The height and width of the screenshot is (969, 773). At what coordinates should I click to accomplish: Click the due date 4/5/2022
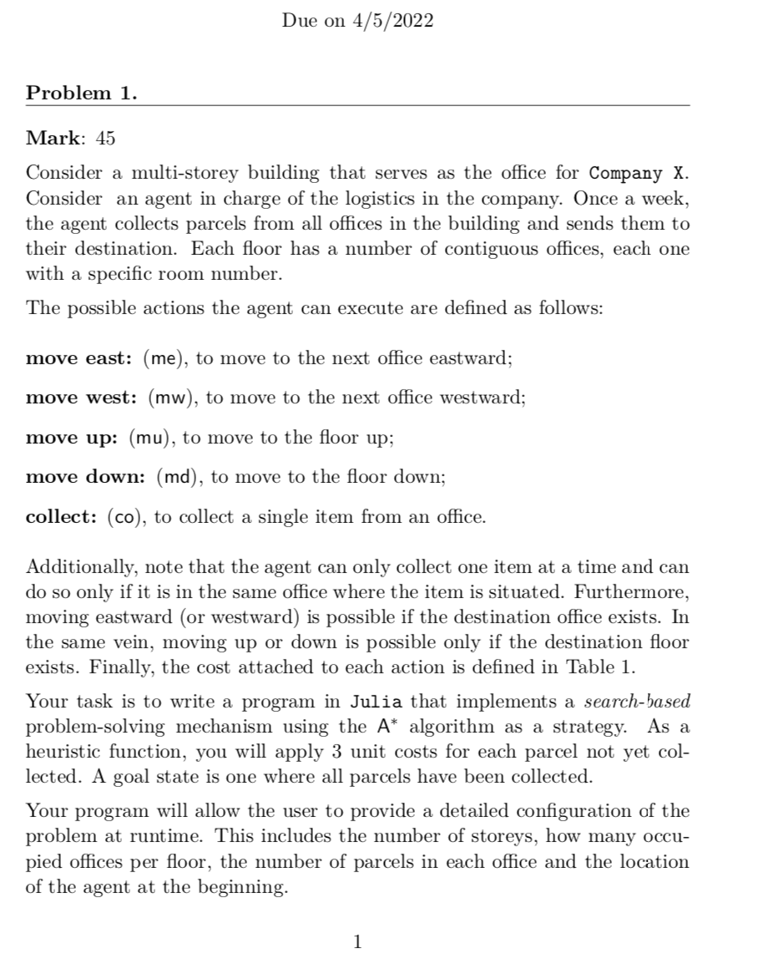[x=392, y=22]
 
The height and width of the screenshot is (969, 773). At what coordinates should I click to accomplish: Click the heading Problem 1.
[x=82, y=93]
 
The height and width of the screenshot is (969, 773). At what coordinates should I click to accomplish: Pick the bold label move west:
[x=83, y=398]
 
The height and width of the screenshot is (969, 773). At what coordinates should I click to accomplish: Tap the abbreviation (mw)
[x=171, y=398]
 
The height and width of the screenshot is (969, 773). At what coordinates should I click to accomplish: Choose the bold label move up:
[x=73, y=437]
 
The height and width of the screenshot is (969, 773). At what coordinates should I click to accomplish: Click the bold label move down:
[x=87, y=477]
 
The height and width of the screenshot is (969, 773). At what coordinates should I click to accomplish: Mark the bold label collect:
[x=63, y=516]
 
